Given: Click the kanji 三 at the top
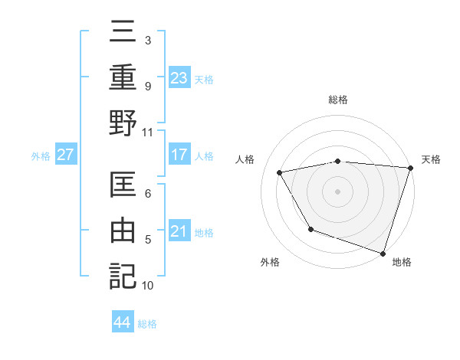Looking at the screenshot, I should tap(123, 34).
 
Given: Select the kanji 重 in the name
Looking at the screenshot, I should tap(123, 77).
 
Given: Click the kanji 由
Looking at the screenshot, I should tap(123, 231).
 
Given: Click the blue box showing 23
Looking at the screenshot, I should tap(179, 77).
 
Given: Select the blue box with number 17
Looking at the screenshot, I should tap(179, 155).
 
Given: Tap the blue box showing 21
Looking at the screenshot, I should tap(179, 231).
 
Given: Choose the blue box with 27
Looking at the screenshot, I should tap(66, 155).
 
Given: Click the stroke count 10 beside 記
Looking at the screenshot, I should tap(148, 286).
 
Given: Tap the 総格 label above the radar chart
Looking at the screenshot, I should tap(338, 100).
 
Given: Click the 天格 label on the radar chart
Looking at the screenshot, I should tap(431, 159).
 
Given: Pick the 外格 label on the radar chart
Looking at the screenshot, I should tap(270, 263).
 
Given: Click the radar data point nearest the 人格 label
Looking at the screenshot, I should tap(281, 172).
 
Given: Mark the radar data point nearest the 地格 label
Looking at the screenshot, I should tap(383, 252).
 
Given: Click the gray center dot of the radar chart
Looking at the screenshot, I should tap(338, 191).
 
